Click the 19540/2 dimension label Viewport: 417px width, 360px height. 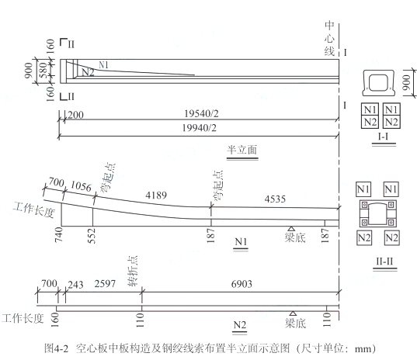[x=201, y=114]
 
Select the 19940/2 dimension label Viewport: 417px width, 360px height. [x=200, y=128]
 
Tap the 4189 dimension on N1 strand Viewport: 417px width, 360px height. [x=156, y=196]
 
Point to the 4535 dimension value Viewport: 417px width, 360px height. [x=275, y=199]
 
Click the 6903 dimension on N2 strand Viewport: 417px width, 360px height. [x=242, y=284]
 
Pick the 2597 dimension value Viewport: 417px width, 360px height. [x=105, y=284]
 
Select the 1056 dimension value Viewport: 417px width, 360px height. [x=81, y=186]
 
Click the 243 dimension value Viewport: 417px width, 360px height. [x=75, y=285]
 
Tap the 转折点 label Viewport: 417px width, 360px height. [x=133, y=271]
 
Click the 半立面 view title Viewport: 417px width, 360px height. [x=242, y=150]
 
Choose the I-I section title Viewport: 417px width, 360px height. [x=384, y=137]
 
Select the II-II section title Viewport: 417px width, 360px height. [x=384, y=261]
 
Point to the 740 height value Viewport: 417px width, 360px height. [x=59, y=234]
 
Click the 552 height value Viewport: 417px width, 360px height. [x=92, y=236]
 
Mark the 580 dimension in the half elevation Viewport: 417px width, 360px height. [x=44, y=70]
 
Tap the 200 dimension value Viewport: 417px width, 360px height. [x=75, y=115]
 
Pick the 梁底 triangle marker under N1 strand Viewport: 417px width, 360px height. [x=291, y=228]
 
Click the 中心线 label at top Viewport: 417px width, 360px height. [x=329, y=39]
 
